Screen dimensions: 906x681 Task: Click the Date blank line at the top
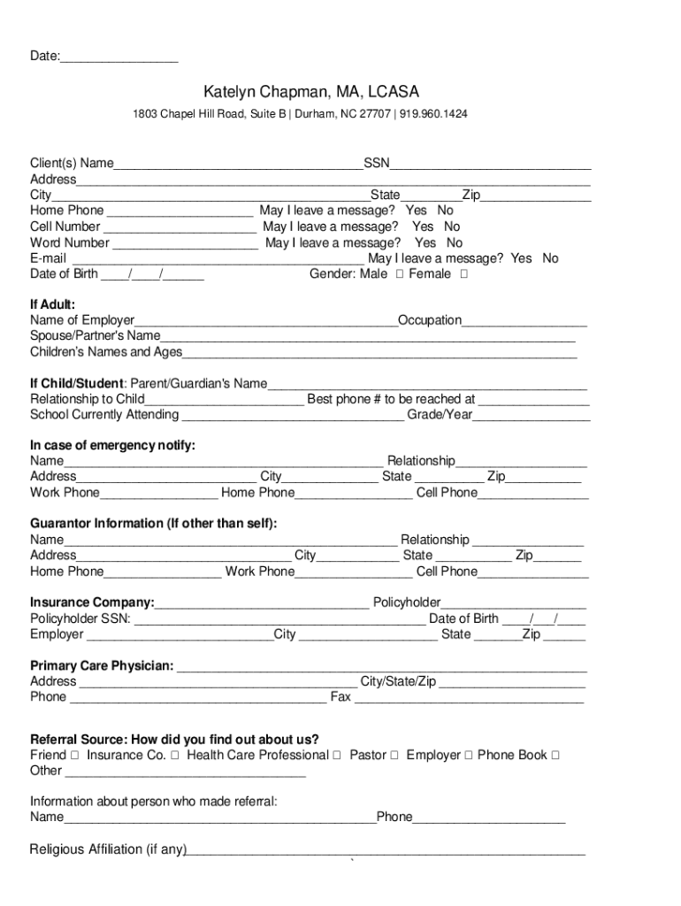(119, 58)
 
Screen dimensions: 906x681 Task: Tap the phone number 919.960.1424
(434, 114)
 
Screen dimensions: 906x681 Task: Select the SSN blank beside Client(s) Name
(491, 163)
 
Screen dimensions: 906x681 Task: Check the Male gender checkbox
(401, 274)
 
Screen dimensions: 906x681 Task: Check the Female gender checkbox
(464, 274)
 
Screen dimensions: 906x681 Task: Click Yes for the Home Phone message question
(416, 211)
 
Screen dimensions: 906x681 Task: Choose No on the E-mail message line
(550, 258)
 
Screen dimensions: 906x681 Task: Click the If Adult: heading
(52, 304)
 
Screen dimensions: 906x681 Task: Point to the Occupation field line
(524, 321)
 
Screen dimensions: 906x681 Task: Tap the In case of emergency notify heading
(113, 445)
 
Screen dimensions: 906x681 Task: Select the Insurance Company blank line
(262, 603)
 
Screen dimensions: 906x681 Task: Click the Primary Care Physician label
(102, 665)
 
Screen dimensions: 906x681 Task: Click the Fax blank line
(469, 698)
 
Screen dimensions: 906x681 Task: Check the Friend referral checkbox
(75, 756)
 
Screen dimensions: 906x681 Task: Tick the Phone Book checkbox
(555, 756)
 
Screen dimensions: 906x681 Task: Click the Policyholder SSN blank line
(279, 619)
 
